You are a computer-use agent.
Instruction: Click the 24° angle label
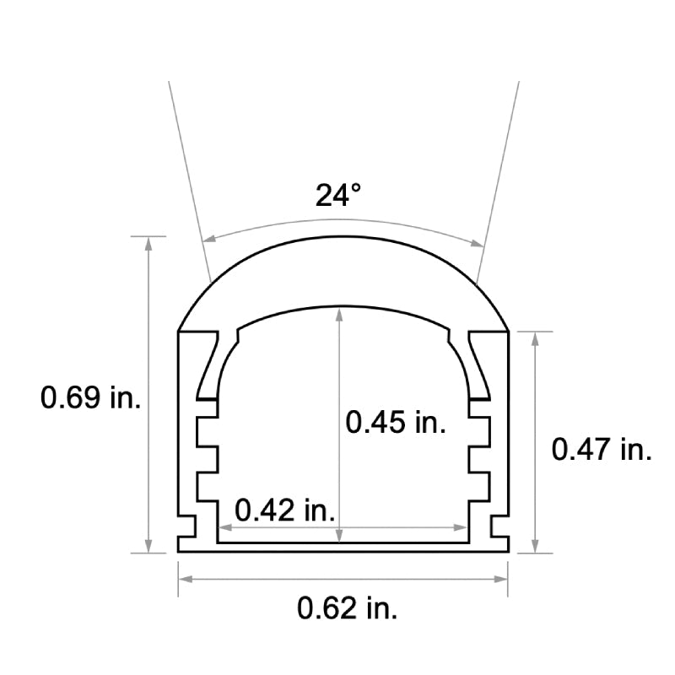point(338,195)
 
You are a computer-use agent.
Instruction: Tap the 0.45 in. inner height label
point(396,421)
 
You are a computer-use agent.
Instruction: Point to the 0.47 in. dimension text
point(602,450)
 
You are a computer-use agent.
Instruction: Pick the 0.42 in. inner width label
point(285,510)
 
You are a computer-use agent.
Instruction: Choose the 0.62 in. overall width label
point(348,607)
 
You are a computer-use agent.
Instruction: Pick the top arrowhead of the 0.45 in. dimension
point(339,314)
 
